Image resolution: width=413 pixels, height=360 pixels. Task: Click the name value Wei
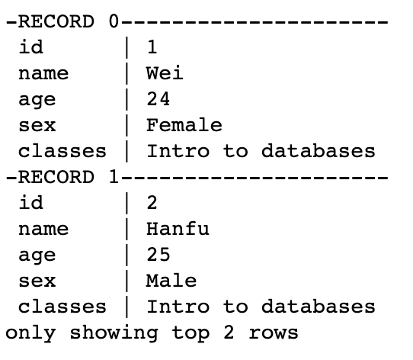point(165,72)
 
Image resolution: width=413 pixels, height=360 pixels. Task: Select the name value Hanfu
point(178,228)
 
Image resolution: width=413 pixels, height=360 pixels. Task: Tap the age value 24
point(158,98)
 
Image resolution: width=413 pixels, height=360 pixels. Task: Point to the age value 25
point(158,254)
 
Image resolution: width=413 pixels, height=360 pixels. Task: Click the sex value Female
point(184,124)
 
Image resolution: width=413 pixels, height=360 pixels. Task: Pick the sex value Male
point(171,280)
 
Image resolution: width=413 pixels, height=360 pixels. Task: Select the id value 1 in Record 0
point(152,47)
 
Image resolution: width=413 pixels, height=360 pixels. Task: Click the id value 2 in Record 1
point(152,202)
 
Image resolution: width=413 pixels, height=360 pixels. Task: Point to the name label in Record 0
point(43,73)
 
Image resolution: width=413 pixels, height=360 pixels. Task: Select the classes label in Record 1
point(62,306)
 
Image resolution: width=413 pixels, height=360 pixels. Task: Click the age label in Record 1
point(37,256)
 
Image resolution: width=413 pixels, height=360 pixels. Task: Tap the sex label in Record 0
point(37,125)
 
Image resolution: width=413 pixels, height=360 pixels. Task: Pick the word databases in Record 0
point(319,150)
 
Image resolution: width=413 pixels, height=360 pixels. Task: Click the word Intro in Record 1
point(178,306)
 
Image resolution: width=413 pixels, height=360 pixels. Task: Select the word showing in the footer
point(114,333)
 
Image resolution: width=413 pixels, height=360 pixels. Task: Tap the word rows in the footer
point(274,333)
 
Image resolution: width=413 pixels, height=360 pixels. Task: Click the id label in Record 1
point(30,202)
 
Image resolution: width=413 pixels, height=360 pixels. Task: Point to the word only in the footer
point(30,333)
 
